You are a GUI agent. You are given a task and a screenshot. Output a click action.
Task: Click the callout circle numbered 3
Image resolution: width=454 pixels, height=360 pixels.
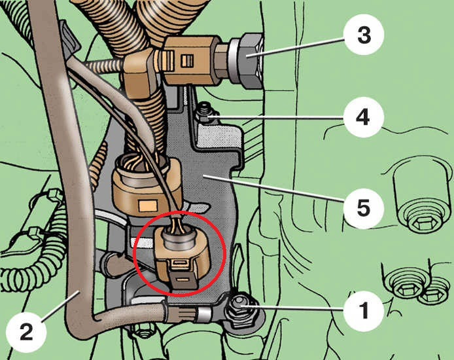pyautogui.click(x=364, y=35)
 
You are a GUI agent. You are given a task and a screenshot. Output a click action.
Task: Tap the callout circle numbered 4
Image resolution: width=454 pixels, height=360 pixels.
pyautogui.click(x=363, y=117)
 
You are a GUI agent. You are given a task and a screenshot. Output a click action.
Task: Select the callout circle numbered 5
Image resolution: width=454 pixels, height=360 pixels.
pyautogui.click(x=363, y=207)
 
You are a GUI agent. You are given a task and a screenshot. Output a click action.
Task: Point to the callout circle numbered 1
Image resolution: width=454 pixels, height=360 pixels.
pyautogui.click(x=364, y=310)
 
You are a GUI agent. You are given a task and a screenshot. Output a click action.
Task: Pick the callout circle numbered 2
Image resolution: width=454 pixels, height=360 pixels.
pyautogui.click(x=26, y=333)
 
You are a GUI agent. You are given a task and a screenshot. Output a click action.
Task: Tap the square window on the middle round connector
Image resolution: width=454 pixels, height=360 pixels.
pyautogui.click(x=148, y=206)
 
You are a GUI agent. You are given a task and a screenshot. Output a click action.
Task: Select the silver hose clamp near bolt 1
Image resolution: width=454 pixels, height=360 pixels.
pyautogui.click(x=203, y=315)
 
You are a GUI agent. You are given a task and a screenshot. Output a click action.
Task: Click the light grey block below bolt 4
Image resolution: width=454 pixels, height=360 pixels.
pyautogui.click(x=217, y=135)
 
